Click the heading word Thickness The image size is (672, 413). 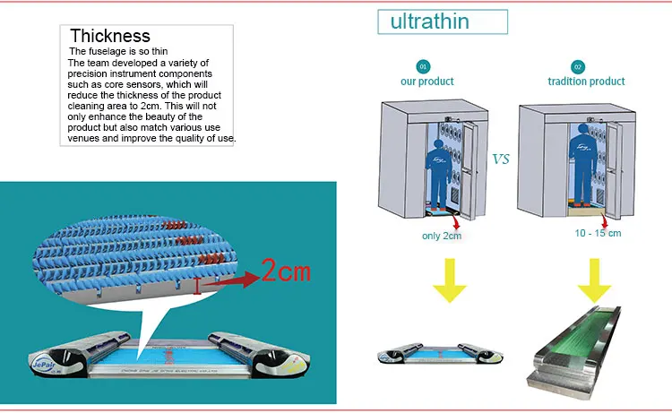coord(110,36)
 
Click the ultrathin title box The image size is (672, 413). coord(429,22)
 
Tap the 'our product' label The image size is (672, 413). coord(426,82)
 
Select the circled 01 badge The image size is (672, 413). coord(424,66)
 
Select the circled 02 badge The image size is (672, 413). coord(578,66)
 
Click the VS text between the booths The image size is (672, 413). coord(502,160)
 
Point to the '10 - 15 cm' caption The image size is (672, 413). coord(598,233)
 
